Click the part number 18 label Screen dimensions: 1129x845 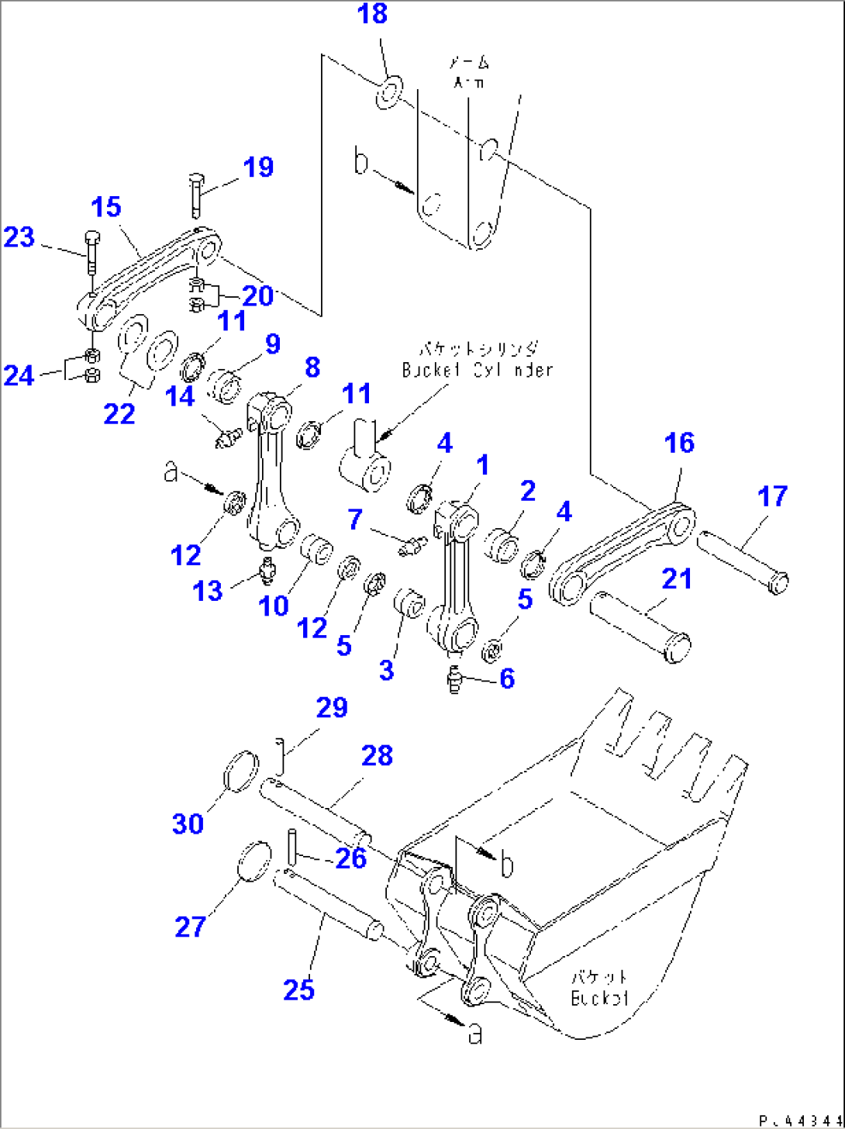(373, 14)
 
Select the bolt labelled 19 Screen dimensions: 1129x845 (195, 195)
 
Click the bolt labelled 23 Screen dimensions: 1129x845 (91, 250)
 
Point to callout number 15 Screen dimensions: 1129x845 (106, 207)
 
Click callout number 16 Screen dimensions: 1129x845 (679, 444)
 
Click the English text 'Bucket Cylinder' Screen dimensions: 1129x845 (477, 370)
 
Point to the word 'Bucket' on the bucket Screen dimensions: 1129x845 (599, 998)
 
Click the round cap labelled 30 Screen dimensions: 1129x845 (240, 771)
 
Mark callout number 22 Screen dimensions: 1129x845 (119, 413)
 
